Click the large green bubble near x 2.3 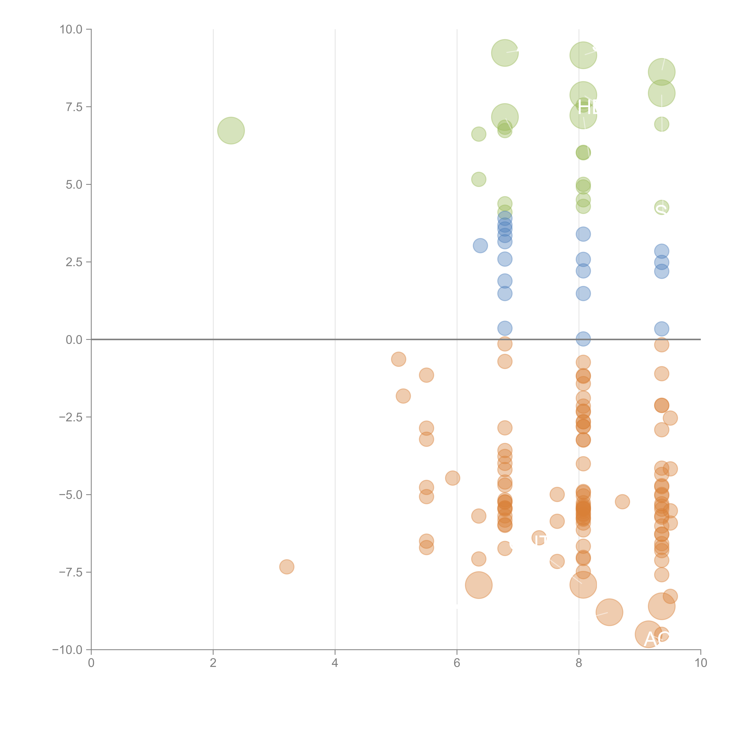pos(231,131)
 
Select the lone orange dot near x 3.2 pos(287,567)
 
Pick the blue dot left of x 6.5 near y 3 pos(480,246)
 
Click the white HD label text pos(588,108)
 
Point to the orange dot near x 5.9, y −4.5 pos(453,478)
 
